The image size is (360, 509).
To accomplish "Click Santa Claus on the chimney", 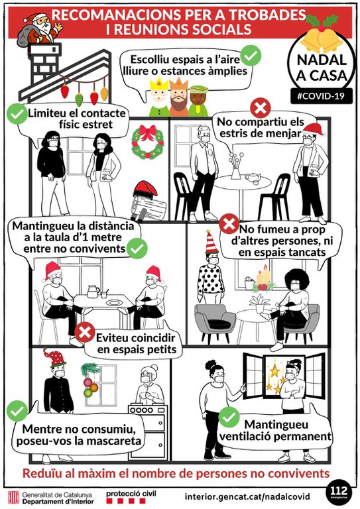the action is [40, 28].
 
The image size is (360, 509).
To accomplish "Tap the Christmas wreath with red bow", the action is [148, 142].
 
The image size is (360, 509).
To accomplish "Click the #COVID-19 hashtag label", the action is [321, 96].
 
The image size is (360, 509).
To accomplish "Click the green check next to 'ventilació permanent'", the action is [229, 416].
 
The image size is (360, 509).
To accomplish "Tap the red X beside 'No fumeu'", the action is [229, 223].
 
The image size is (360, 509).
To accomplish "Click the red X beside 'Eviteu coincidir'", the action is [85, 332].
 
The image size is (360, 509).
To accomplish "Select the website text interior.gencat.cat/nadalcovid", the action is [247, 496].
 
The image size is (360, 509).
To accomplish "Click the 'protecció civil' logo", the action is [131, 496].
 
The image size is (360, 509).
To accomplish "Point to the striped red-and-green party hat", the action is [211, 243].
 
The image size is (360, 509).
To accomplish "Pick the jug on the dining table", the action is [93, 291].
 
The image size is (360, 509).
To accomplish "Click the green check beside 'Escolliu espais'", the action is [251, 56].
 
